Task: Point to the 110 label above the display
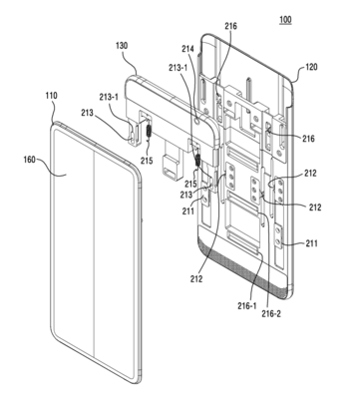click(x=49, y=98)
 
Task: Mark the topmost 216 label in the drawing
click(x=232, y=27)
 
